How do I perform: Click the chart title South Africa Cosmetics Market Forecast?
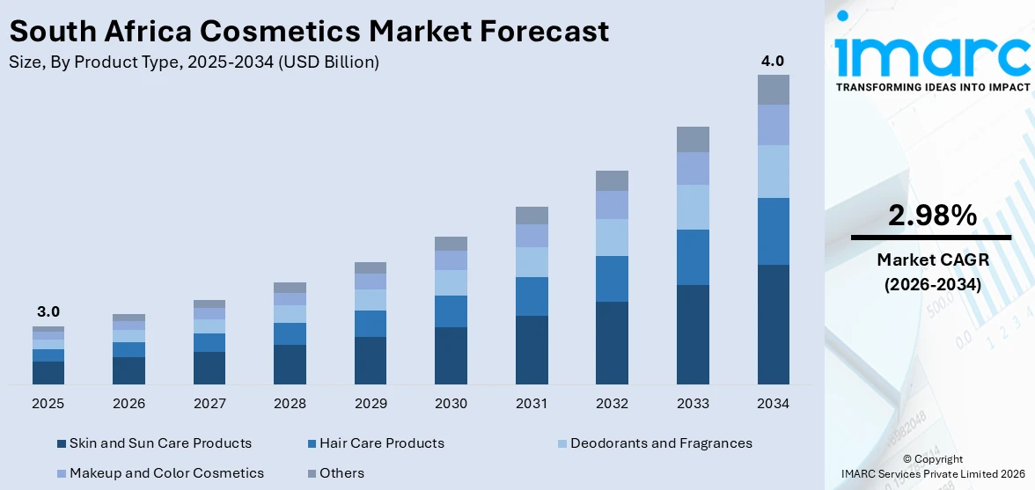[x=308, y=31]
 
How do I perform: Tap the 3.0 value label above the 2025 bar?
[x=48, y=312]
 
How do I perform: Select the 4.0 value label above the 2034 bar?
[x=773, y=61]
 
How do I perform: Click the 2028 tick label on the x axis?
[x=290, y=404]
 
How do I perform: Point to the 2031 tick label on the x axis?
[x=532, y=404]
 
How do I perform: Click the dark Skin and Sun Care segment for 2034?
[x=773, y=324]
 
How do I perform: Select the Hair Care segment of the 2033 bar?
[x=693, y=257]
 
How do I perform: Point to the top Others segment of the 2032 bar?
[x=612, y=180]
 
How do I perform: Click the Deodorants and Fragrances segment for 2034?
[x=773, y=172]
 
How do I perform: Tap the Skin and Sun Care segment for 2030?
[x=451, y=355]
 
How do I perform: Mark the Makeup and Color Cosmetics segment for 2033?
[x=693, y=168]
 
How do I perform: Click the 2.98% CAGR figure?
[x=932, y=216]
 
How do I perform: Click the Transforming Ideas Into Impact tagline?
[x=932, y=87]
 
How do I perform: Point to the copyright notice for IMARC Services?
[x=932, y=466]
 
